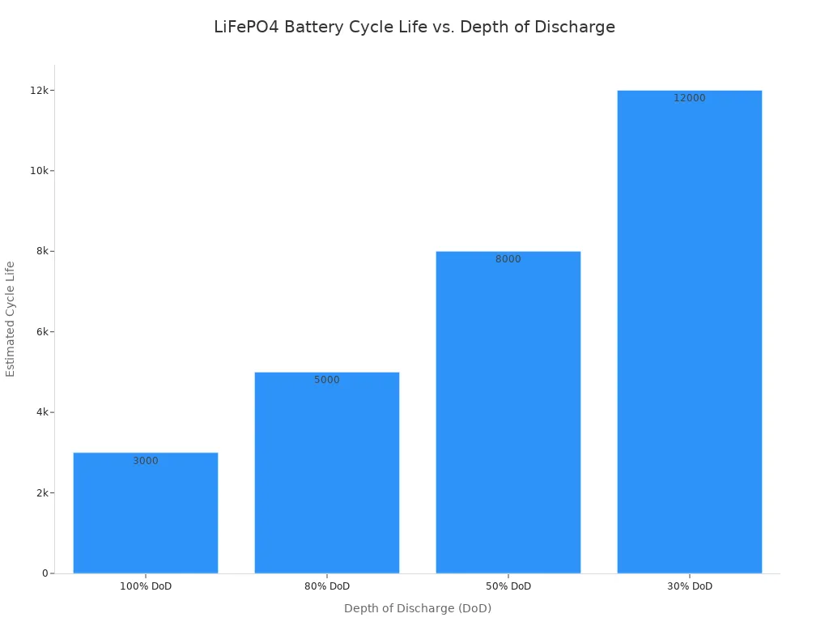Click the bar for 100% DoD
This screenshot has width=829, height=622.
(x=146, y=518)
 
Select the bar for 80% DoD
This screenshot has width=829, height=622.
(x=327, y=478)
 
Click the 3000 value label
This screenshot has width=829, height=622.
(x=146, y=461)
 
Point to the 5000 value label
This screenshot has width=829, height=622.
(x=327, y=380)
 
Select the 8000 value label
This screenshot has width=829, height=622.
(x=508, y=259)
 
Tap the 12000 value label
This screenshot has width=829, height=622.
(x=690, y=98)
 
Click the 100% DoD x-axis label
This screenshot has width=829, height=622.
(x=146, y=586)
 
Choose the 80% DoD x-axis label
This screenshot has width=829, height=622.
(x=327, y=586)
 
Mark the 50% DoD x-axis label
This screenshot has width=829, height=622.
(x=508, y=586)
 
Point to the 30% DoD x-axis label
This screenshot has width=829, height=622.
(x=690, y=586)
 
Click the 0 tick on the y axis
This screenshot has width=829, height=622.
(x=45, y=573)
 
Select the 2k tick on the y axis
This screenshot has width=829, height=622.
(x=42, y=492)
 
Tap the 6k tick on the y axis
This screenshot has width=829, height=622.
(x=42, y=331)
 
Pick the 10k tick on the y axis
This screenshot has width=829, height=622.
(x=40, y=171)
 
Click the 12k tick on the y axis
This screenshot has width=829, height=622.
(x=40, y=90)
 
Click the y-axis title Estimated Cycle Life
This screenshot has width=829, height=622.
(x=11, y=318)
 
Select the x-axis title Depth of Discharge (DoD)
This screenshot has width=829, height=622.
(x=418, y=608)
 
